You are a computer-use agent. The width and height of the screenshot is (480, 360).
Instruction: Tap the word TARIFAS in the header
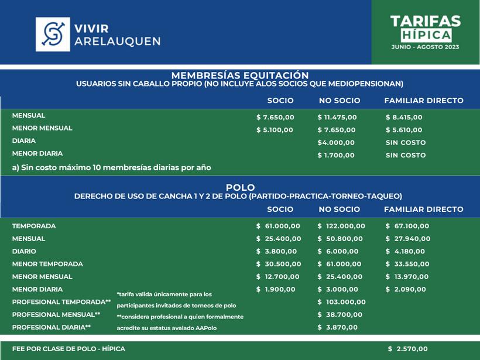coord(426,22)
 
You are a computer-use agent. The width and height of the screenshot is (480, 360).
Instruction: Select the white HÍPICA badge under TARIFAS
coord(426,35)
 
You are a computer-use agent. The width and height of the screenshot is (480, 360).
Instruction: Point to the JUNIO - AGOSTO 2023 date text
coord(426,46)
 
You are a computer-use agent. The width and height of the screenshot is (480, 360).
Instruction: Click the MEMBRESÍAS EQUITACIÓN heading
coord(239,76)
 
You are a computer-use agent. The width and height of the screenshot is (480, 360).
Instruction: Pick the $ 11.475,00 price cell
coord(337,117)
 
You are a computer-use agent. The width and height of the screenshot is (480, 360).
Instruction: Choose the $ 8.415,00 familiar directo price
coord(404,117)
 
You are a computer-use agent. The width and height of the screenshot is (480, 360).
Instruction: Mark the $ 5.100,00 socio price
coord(275,130)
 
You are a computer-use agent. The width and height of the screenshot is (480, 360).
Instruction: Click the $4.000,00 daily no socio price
coord(336,143)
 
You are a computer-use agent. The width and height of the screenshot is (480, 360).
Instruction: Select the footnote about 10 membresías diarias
coord(111,167)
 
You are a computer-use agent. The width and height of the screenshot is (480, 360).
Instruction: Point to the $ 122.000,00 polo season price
coord(341,226)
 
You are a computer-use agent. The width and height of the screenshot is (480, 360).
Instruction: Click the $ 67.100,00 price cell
coord(407,226)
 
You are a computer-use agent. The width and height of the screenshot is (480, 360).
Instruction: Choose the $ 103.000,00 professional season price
coord(341,302)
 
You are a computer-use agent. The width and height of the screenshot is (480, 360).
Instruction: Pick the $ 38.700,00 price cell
coord(340,315)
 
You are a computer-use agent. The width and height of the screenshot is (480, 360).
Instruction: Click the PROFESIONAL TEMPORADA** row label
coord(61,302)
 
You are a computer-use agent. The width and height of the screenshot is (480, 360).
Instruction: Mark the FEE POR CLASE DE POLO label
coord(68,349)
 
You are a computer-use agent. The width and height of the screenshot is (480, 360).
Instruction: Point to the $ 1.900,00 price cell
coord(276,290)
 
